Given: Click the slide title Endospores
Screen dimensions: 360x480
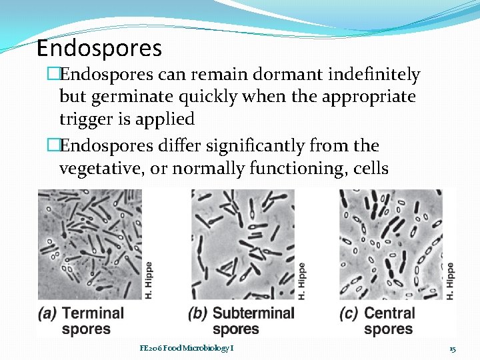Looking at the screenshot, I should click(99, 48).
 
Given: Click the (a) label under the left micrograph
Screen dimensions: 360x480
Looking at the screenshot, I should click(47, 313).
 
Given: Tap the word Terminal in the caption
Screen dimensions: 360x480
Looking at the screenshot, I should click(93, 313).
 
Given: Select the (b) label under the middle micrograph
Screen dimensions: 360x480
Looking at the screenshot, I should click(199, 313).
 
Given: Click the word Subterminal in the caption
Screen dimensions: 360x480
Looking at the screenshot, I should click(253, 313).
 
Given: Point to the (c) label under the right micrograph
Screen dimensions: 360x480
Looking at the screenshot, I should click(349, 313).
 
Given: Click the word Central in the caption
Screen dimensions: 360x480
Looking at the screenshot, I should click(390, 313).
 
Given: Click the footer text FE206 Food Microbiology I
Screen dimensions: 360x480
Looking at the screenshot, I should click(186, 348).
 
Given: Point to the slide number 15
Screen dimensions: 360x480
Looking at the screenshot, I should click(452, 349).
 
